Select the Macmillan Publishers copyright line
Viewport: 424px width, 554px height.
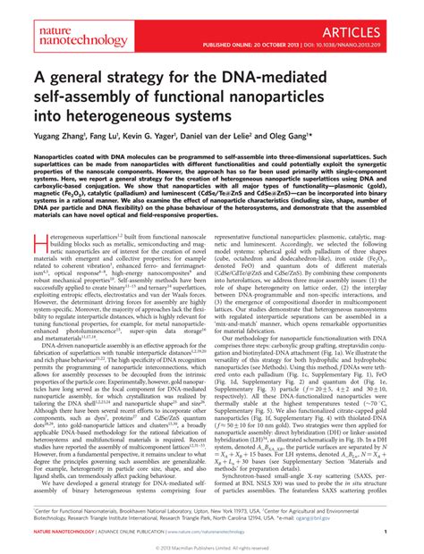(x=212, y=546)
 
